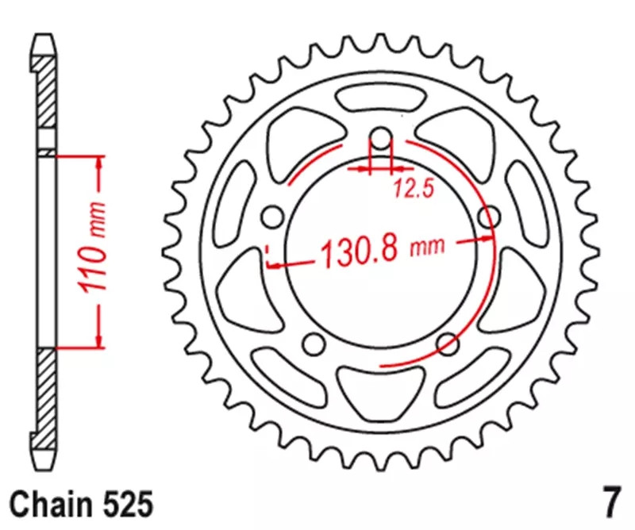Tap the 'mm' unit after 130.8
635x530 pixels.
(427, 248)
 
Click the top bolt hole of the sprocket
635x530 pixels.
(381, 141)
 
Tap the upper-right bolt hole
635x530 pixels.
(491, 216)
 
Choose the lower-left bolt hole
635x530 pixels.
(315, 344)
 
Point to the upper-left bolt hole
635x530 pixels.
(272, 216)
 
